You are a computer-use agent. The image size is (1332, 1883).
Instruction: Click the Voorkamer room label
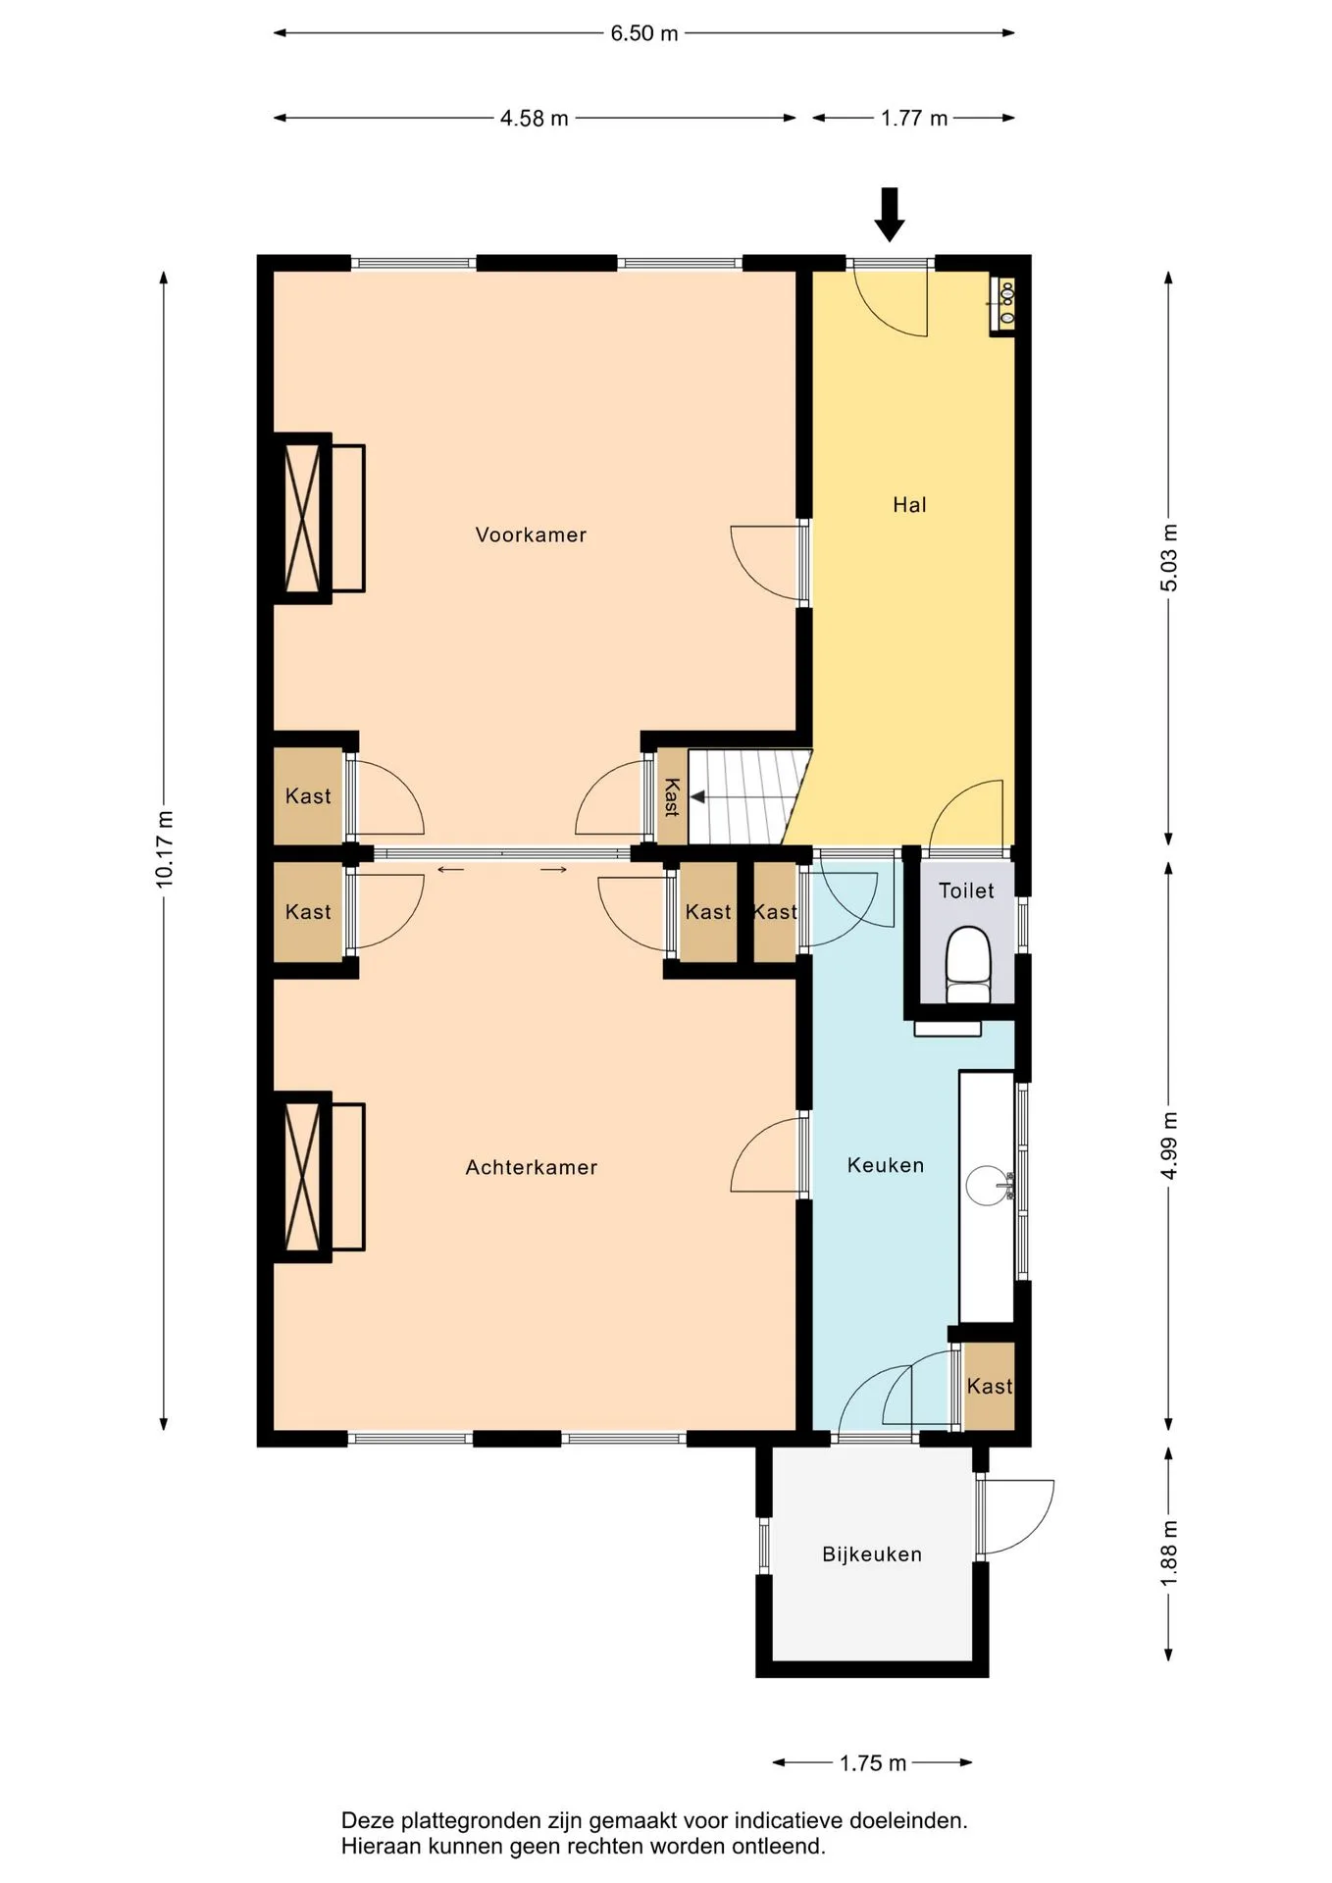tap(531, 534)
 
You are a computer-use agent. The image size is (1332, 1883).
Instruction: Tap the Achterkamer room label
tap(531, 1167)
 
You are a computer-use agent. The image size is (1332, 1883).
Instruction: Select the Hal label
tap(909, 505)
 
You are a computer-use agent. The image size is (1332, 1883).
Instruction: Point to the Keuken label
tap(886, 1165)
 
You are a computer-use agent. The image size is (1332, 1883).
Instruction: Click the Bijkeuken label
tap(872, 1554)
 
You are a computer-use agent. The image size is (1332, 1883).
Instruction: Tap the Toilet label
tap(966, 891)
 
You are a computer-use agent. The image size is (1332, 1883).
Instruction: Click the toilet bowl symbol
tap(968, 963)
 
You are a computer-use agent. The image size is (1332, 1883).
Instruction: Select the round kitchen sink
tap(987, 1185)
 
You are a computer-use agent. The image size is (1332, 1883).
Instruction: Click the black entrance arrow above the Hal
tap(890, 214)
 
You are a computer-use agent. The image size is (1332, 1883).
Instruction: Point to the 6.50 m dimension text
tap(644, 33)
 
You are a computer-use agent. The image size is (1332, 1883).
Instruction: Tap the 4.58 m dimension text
tap(535, 119)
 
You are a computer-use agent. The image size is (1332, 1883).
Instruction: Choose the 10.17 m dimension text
tap(164, 849)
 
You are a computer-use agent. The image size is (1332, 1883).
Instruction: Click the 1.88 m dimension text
tap(1168, 1553)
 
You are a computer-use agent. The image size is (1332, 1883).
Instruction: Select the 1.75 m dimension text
tap(873, 1763)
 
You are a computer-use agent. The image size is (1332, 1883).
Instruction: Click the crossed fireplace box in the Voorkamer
tap(302, 518)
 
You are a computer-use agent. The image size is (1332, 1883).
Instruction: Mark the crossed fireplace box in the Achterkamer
tap(302, 1177)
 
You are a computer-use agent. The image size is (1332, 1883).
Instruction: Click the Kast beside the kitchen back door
tap(989, 1386)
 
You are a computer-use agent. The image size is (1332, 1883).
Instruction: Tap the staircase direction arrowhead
tap(698, 797)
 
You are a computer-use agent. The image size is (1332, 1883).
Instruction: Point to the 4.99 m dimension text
tap(1168, 1147)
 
